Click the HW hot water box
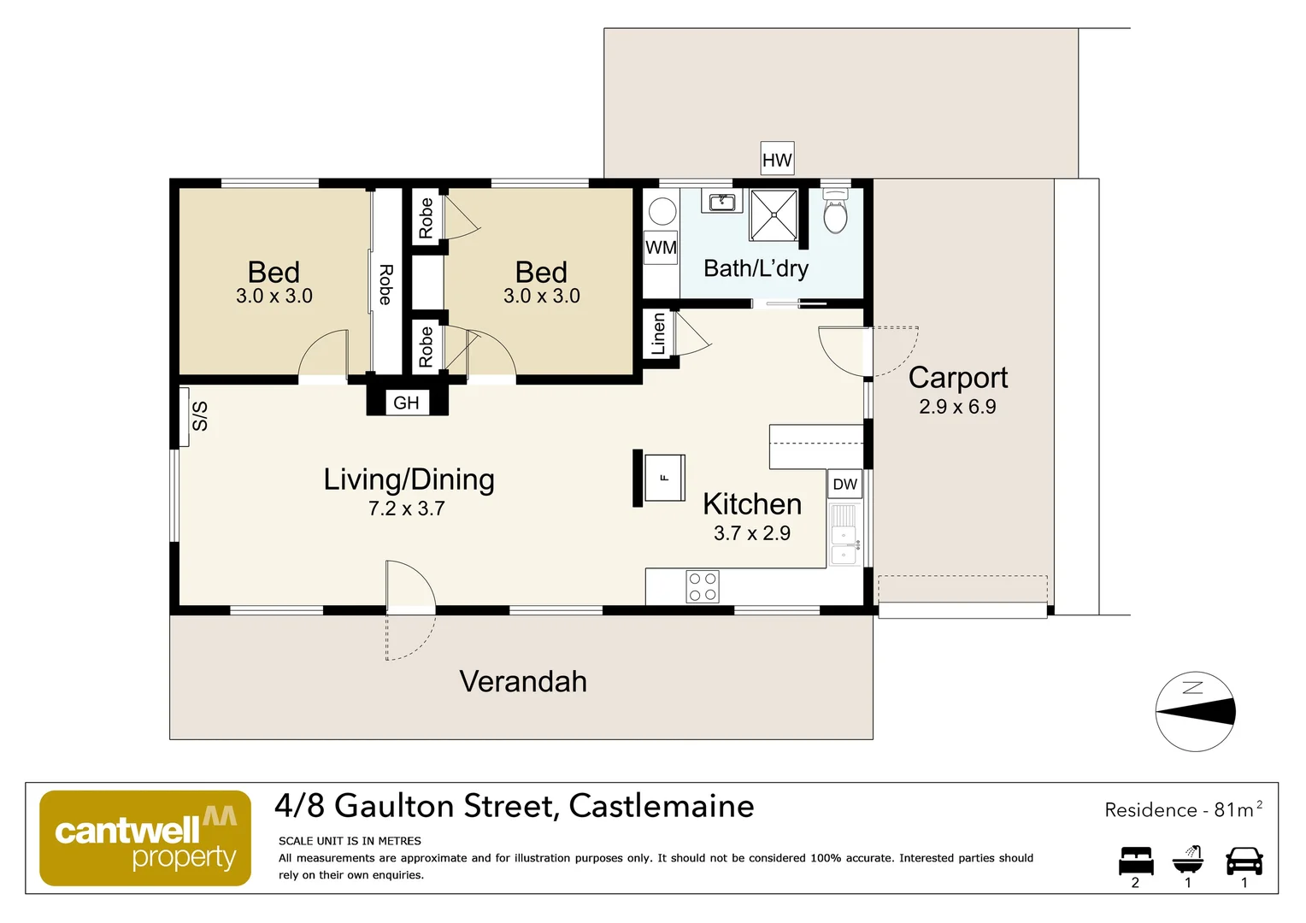pyautogui.click(x=777, y=160)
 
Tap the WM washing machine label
pyautogui.click(x=661, y=248)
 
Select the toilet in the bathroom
pyautogui.click(x=835, y=212)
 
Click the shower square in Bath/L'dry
pyautogui.click(x=774, y=215)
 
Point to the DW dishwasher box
pyautogui.click(x=844, y=484)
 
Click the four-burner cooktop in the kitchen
pyautogui.click(x=703, y=587)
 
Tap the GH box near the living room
pyautogui.click(x=407, y=403)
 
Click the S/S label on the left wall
pyautogui.click(x=199, y=416)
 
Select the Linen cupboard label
pyautogui.click(x=658, y=334)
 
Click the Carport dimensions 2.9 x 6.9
pyautogui.click(x=957, y=407)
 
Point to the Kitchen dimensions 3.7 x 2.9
pyautogui.click(x=752, y=533)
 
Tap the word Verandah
pyautogui.click(x=523, y=681)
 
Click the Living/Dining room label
pyautogui.click(x=409, y=479)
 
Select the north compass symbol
pyautogui.click(x=1195, y=711)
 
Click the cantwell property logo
pyautogui.click(x=145, y=838)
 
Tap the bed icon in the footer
pyautogui.click(x=1136, y=861)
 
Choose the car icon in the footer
pyautogui.click(x=1244, y=861)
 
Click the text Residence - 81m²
pyautogui.click(x=1183, y=809)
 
